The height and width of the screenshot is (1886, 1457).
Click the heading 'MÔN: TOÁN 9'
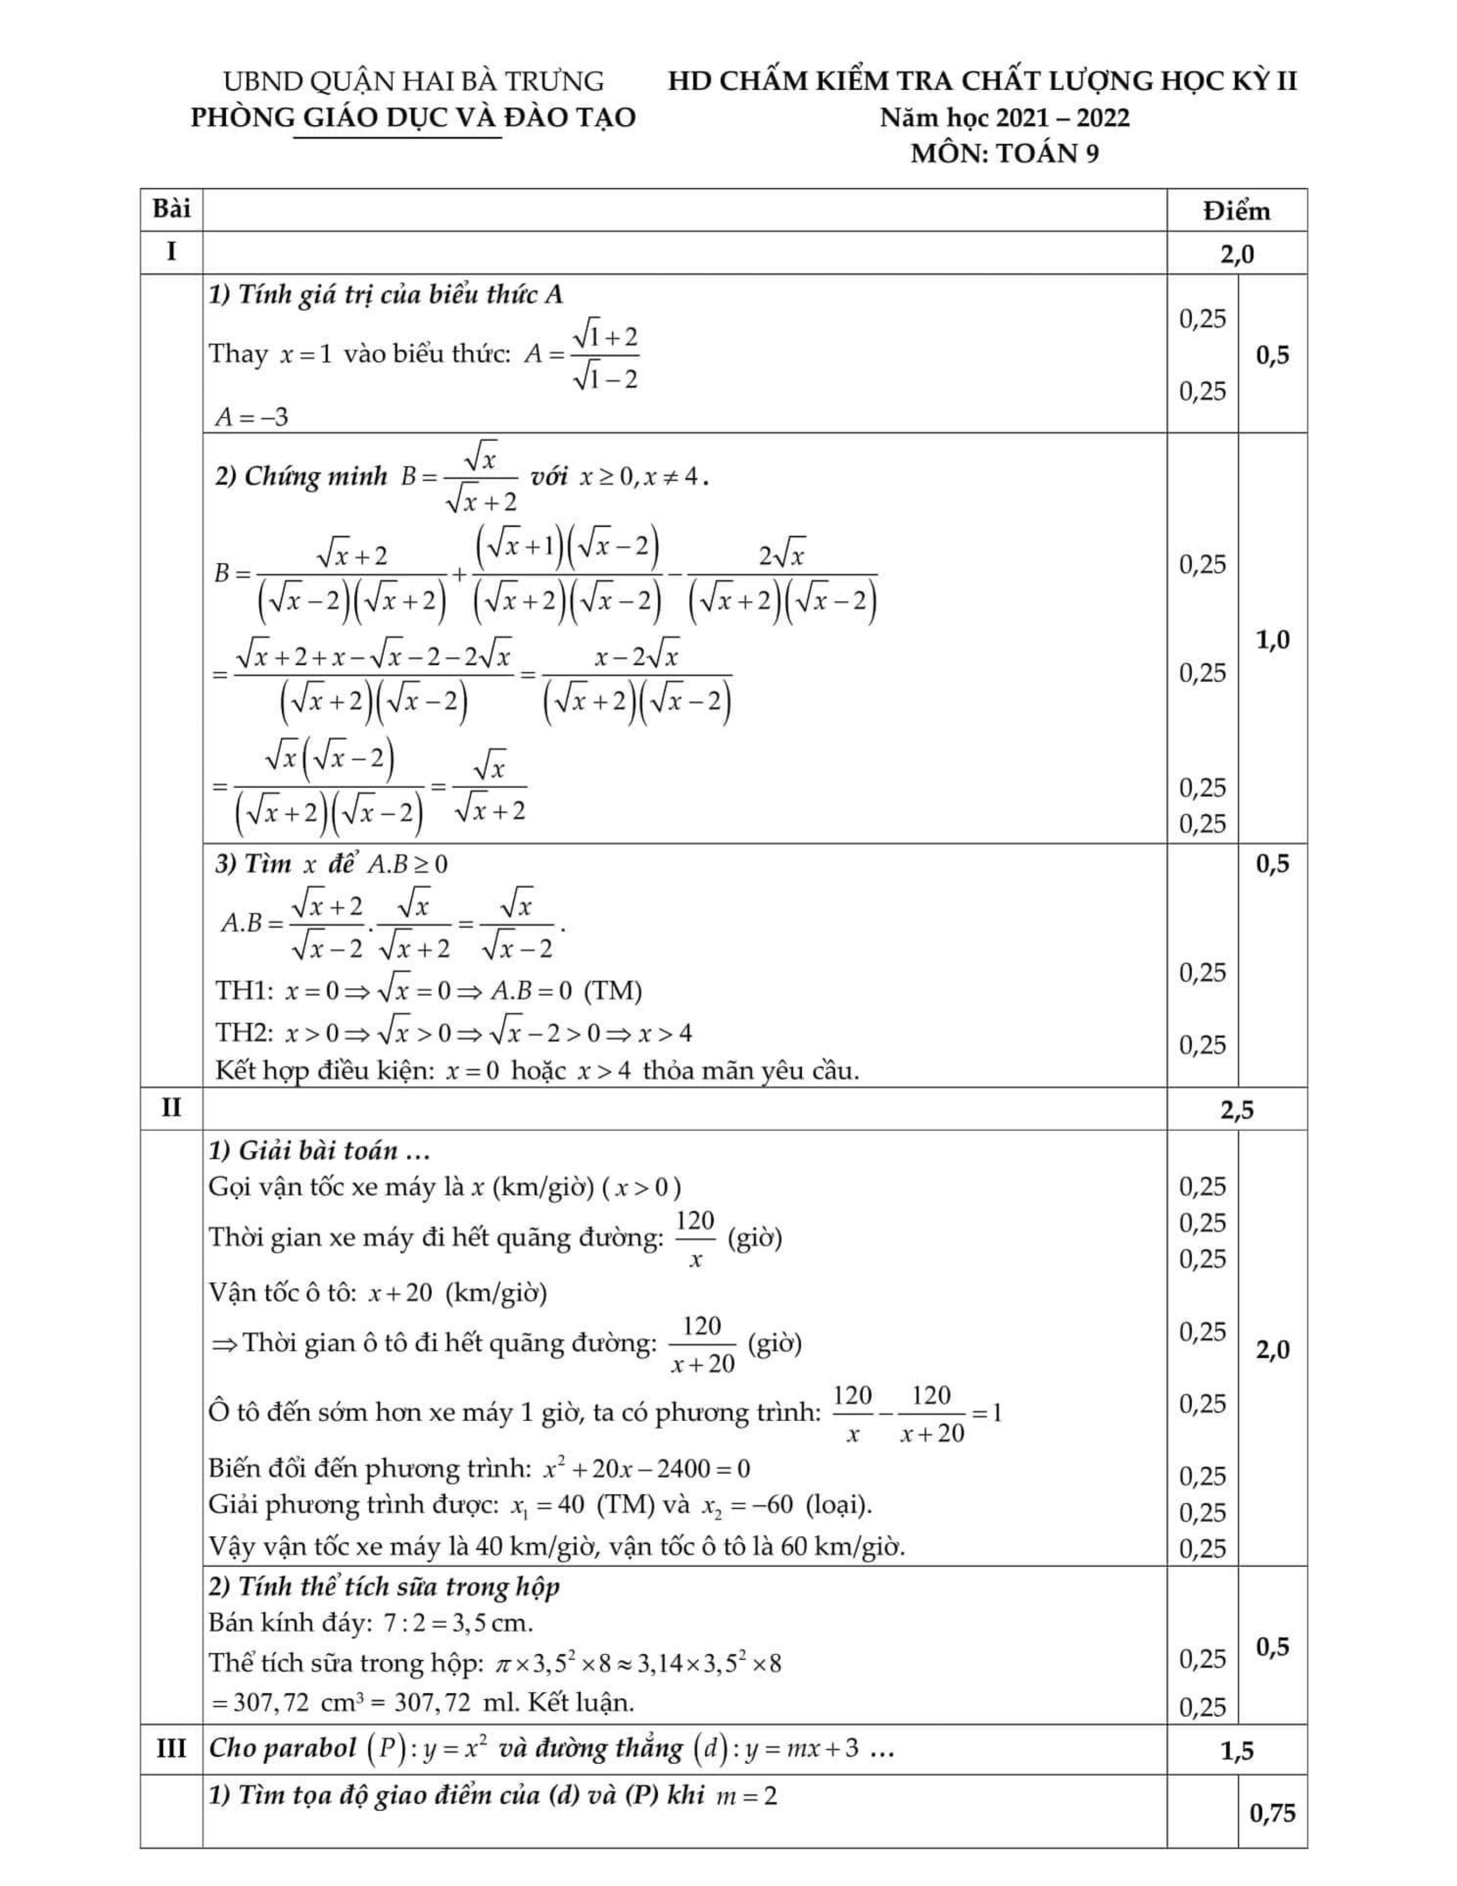click(x=1005, y=154)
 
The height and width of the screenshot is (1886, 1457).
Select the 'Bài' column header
click(x=172, y=209)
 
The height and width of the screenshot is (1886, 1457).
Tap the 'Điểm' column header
click(x=1237, y=212)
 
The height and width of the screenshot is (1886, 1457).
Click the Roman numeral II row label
click(x=172, y=1108)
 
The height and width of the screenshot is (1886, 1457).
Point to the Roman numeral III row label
click(x=172, y=1749)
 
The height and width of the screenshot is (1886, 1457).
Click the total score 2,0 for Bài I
click(x=1237, y=254)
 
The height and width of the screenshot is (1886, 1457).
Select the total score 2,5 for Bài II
click(x=1237, y=1110)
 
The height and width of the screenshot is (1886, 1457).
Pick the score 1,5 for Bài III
click(x=1237, y=1750)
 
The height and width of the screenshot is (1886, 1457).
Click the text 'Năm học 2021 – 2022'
click(x=1005, y=118)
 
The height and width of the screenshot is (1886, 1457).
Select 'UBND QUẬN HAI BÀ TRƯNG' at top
click(x=413, y=81)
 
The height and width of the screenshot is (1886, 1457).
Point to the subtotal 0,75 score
click(x=1272, y=1813)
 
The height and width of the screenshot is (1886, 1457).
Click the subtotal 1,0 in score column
click(x=1272, y=640)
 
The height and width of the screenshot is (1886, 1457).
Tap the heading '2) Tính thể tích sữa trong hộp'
click(x=384, y=1586)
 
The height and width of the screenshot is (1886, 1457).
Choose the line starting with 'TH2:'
click(x=453, y=1033)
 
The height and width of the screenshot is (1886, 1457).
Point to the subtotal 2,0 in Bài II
click(x=1272, y=1350)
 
